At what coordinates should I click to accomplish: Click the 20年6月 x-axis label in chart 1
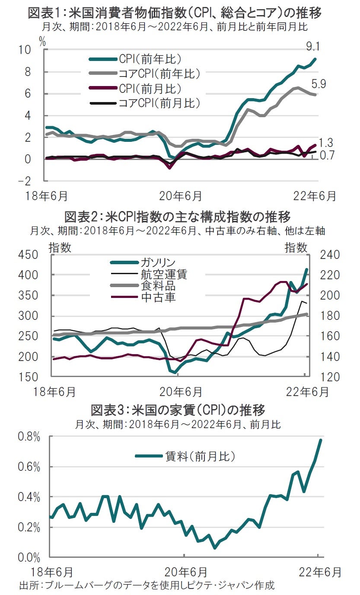180,196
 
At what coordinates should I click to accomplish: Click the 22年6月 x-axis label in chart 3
319,572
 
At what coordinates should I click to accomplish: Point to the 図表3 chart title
178,409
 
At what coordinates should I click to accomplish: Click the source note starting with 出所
147,585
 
